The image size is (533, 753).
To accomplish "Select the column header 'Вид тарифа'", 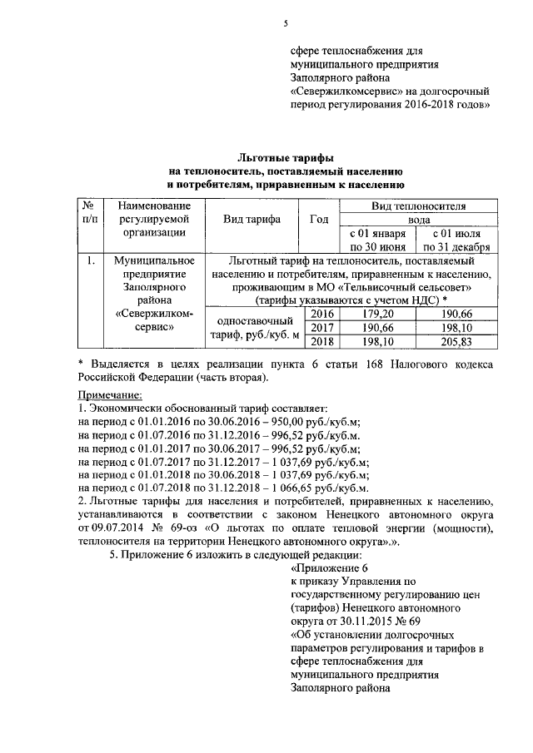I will pyautogui.click(x=252, y=220).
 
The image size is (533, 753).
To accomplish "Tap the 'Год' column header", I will pyautogui.click(x=318, y=220).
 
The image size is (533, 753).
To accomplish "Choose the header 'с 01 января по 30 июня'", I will pyautogui.click(x=378, y=240).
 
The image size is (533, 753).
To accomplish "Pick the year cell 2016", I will pyautogui.click(x=321, y=314).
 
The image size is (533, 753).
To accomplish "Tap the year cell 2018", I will pyautogui.click(x=321, y=342).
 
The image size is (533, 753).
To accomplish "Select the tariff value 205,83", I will pyautogui.click(x=456, y=342).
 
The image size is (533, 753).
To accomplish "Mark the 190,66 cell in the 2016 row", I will pyautogui.click(x=456, y=314).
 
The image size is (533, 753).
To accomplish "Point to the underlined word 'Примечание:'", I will pyautogui.click(x=109, y=394).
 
